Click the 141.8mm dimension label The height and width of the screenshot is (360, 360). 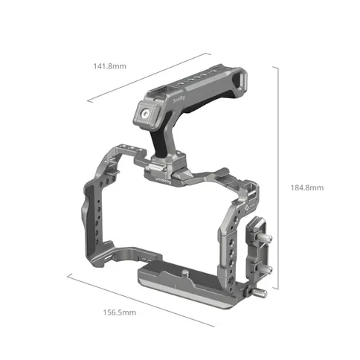click(x=109, y=67)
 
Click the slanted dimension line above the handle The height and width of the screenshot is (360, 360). click(x=144, y=77)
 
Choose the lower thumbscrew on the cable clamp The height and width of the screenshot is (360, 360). click(x=265, y=271)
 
